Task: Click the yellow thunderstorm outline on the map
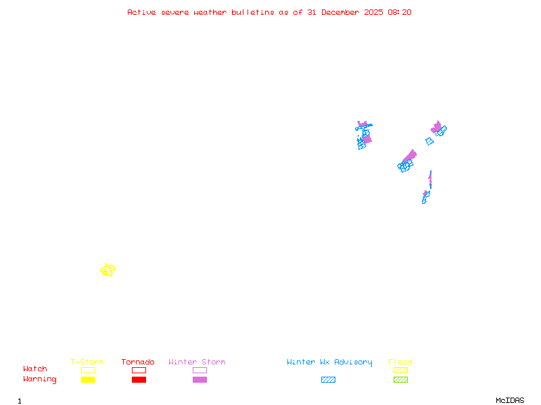[108, 270]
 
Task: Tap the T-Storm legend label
[87, 362]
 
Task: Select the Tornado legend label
[138, 362]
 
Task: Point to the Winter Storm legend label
[197, 362]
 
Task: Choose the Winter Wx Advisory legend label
[329, 362]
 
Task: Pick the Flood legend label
[400, 362]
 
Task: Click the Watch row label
[35, 369]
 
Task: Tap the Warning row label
[39, 379]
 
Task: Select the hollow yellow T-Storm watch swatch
[88, 370]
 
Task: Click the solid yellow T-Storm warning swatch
[88, 379]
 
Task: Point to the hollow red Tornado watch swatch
[139, 370]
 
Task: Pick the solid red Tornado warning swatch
[139, 379]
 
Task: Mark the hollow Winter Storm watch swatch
[199, 370]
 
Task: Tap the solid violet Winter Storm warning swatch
[199, 379]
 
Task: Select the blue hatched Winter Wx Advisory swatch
[328, 379]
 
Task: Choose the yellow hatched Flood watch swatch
[400, 370]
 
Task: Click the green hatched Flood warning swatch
[400, 379]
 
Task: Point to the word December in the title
[344, 12]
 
